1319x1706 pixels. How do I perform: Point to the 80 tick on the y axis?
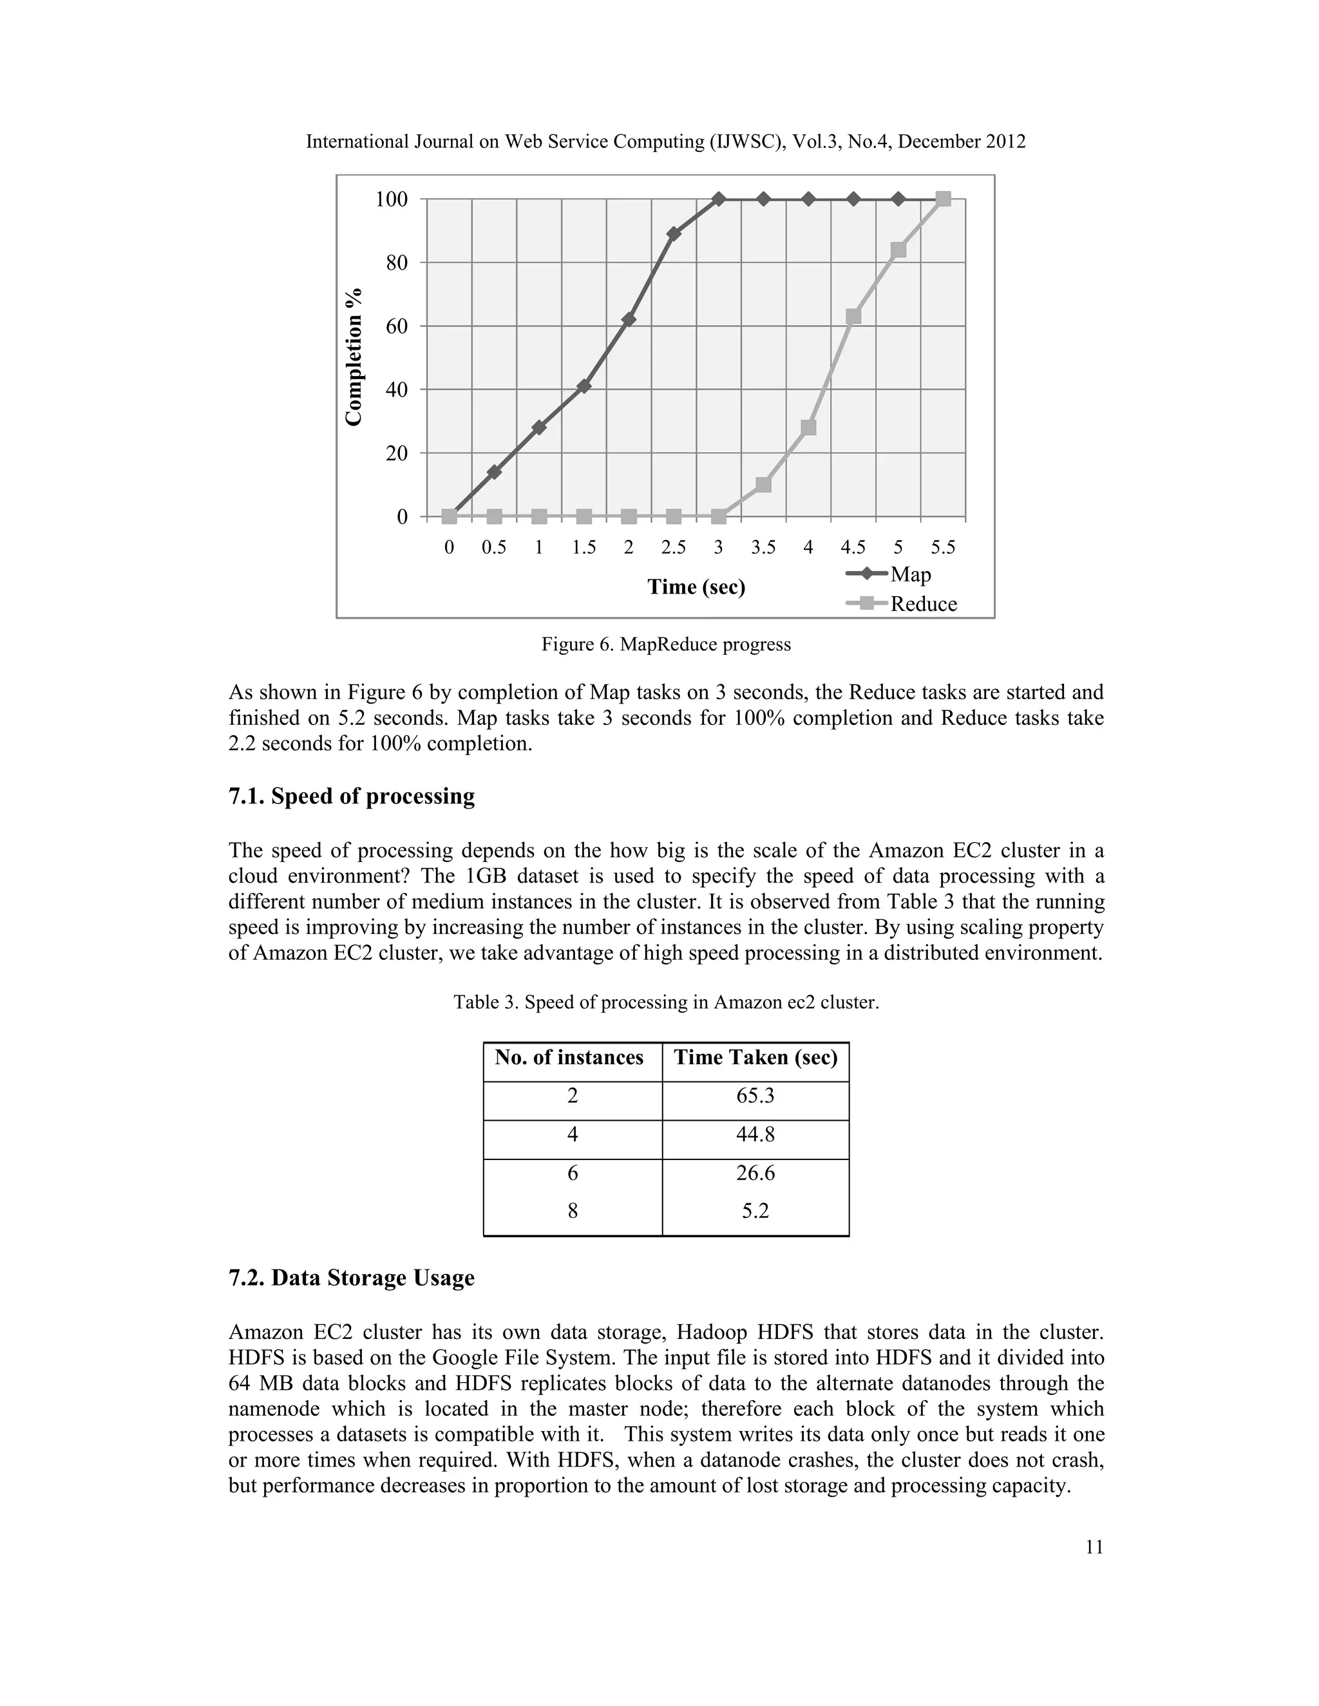[397, 263]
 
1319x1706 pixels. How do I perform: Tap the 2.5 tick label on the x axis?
[674, 548]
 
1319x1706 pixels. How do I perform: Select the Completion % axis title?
[355, 357]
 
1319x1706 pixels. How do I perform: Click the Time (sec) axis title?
[696, 586]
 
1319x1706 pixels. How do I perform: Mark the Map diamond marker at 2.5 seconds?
[674, 234]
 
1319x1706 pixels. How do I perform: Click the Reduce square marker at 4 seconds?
[808, 427]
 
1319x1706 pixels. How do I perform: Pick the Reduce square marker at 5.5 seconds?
[943, 199]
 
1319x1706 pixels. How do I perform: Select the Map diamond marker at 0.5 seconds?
[494, 472]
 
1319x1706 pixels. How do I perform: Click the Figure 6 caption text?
[666, 644]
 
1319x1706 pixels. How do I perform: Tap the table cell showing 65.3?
[755, 1095]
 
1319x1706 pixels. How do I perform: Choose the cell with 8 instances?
[573, 1211]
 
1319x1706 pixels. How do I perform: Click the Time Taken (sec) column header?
[755, 1058]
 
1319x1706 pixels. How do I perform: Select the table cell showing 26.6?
[755, 1172]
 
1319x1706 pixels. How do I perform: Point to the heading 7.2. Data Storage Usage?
[351, 1278]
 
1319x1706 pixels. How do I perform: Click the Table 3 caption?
[666, 1002]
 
